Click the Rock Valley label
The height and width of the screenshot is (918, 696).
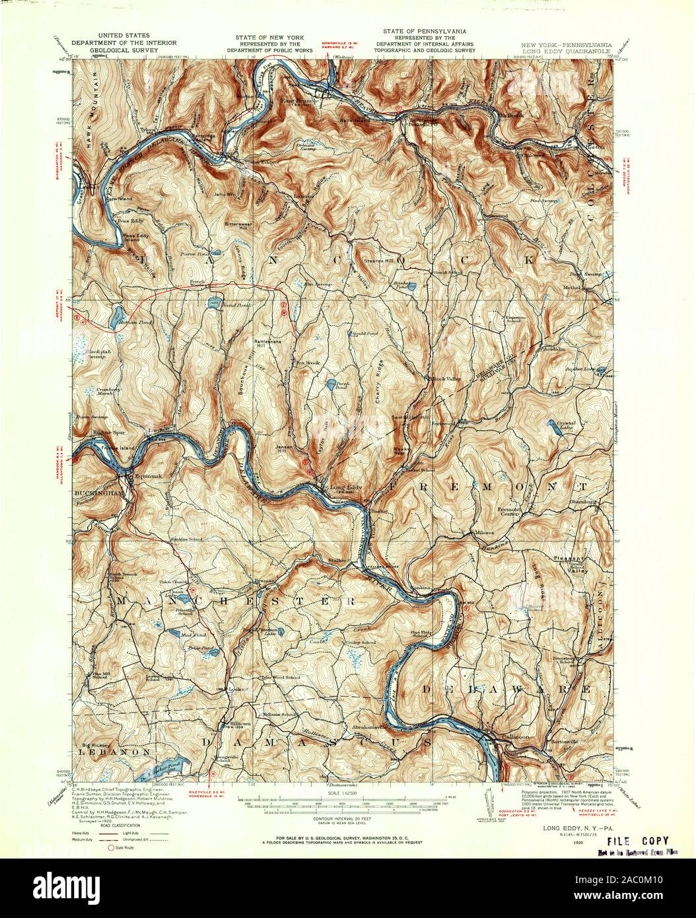point(446,379)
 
